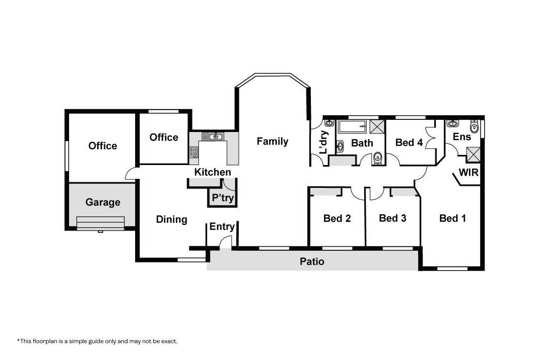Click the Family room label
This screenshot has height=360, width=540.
[x=272, y=142]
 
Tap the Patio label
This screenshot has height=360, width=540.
[x=312, y=261]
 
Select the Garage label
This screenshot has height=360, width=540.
[x=103, y=202]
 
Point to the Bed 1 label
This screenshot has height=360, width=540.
[x=453, y=218]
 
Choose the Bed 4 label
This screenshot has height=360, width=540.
[x=409, y=143]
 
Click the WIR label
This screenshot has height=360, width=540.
[x=469, y=172]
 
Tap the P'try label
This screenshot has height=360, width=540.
[x=223, y=198]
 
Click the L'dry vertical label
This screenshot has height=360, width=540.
[x=324, y=142]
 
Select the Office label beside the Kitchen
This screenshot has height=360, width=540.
[x=164, y=137]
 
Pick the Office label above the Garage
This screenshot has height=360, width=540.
[x=103, y=146]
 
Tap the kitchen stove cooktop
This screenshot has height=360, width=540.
[x=194, y=153]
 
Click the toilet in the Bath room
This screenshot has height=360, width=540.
[x=378, y=158]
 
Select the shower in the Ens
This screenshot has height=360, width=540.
[x=473, y=154]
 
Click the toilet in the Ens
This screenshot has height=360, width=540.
[x=474, y=126]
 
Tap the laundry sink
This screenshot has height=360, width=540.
[x=329, y=123]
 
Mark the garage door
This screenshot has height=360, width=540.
[x=100, y=223]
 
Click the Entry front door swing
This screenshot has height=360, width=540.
[x=226, y=241]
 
